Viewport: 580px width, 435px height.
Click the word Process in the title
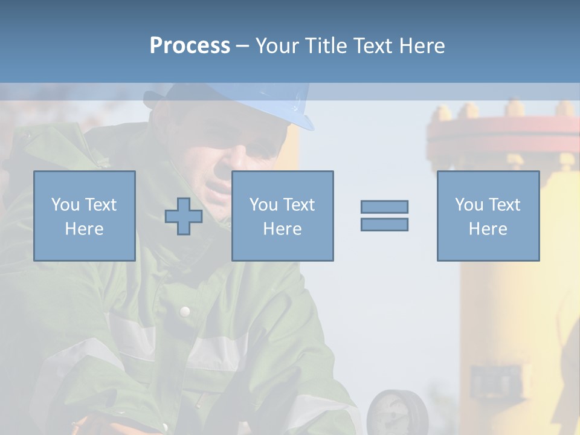[190, 46]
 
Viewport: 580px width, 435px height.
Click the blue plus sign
[184, 216]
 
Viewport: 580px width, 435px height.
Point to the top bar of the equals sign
[384, 207]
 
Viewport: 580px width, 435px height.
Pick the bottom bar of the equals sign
[384, 224]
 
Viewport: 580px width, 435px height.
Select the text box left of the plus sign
[84, 216]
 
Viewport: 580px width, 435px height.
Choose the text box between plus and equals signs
[282, 216]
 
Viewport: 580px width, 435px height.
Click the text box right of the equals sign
[488, 216]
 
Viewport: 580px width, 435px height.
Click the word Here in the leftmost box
[84, 229]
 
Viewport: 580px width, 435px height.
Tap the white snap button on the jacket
[185, 311]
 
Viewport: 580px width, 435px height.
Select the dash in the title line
[243, 46]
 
